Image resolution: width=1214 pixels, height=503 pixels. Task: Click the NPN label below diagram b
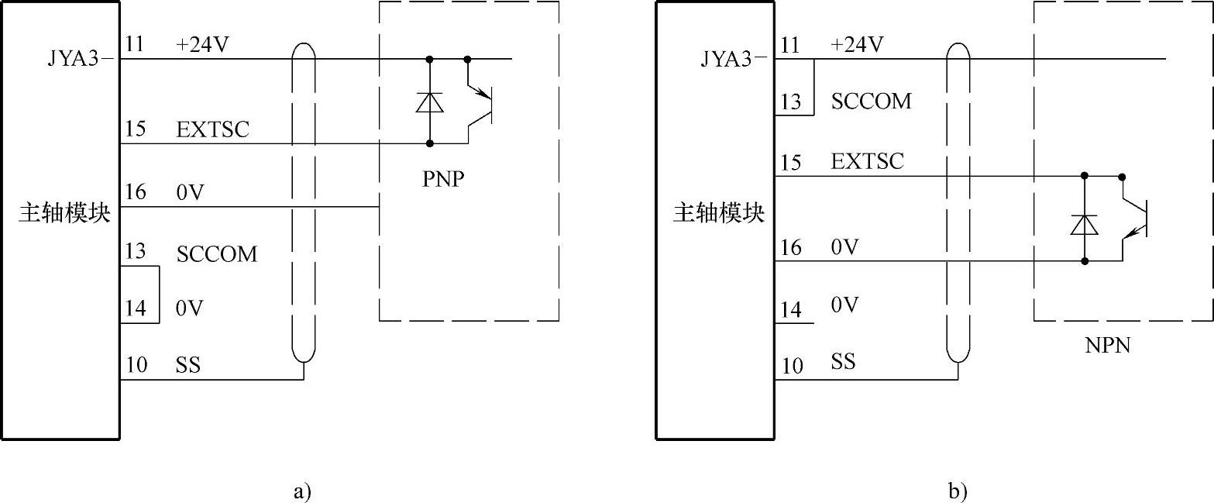[x=1108, y=346]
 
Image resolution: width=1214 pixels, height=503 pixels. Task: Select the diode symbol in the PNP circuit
[x=429, y=102]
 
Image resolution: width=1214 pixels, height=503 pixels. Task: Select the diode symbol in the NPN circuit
[x=1085, y=224]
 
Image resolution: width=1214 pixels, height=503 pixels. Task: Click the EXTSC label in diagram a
[x=213, y=129]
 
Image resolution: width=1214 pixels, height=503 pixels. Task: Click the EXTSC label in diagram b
[x=867, y=162]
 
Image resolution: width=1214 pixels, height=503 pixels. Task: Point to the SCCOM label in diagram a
[x=217, y=254]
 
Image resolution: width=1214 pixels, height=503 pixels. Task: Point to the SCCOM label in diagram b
[x=871, y=102]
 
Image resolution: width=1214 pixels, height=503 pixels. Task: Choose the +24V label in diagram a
[x=203, y=45]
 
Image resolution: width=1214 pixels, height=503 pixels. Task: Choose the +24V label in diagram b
[x=857, y=45]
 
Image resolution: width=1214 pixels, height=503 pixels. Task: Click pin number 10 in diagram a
[x=136, y=364]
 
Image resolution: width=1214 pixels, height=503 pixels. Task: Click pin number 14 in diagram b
[x=791, y=309]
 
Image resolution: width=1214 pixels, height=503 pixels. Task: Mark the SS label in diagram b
[x=844, y=361]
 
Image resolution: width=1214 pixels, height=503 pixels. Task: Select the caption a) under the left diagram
[x=302, y=491]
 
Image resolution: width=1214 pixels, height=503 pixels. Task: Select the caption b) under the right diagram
[x=958, y=491]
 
